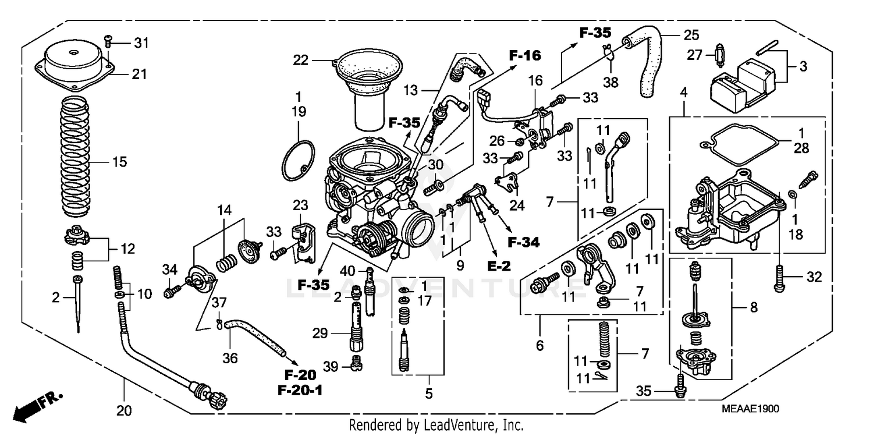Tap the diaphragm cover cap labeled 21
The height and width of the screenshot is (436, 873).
pos(76,68)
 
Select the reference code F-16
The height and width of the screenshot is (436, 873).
pos(524,56)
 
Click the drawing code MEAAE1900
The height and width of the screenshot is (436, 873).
pos(751,410)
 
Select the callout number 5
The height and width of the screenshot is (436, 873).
pos(429,394)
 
